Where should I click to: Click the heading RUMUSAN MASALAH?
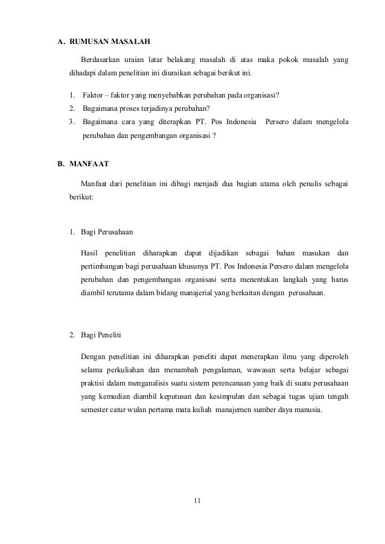[x=110, y=42]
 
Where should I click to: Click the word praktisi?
[x=92, y=383]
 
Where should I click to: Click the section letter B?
[x=60, y=163]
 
